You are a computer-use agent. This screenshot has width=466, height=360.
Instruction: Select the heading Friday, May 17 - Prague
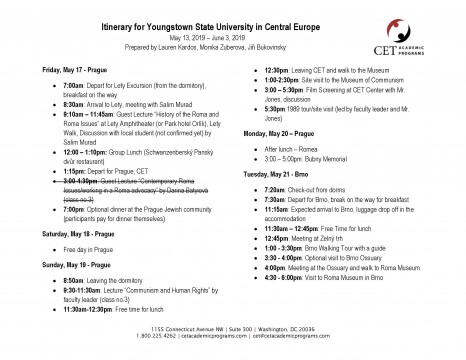pos(55,76)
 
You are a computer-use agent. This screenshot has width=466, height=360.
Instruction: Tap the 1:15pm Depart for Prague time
pos(54,171)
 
